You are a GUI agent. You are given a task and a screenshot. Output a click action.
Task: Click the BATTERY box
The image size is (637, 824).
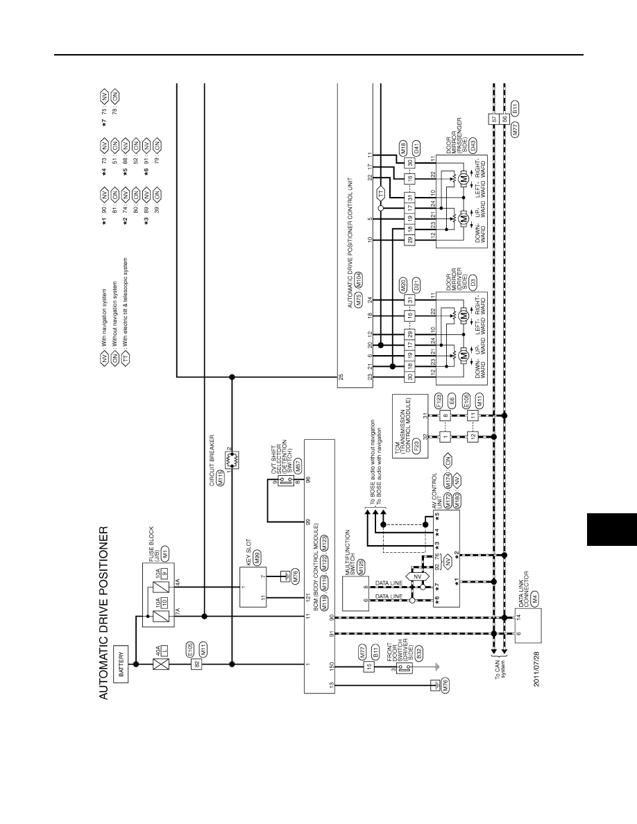point(121,664)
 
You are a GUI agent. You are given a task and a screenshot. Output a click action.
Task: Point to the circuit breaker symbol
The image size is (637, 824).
point(232,461)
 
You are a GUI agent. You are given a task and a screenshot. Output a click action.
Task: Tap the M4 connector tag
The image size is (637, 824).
point(535,596)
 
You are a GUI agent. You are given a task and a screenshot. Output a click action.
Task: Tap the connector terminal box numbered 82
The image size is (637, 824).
point(197,664)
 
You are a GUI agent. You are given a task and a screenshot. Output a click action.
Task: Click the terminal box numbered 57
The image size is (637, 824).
point(494,119)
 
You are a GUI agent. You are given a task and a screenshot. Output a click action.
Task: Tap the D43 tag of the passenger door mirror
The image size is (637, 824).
point(473,146)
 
